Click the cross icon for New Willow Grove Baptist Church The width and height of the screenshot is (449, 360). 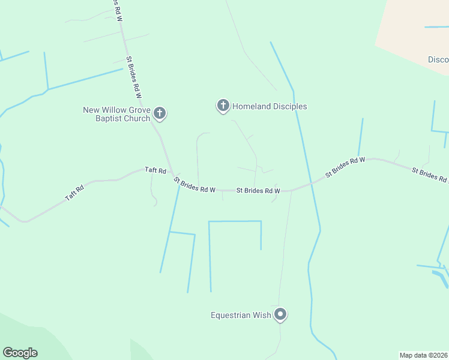(160, 112)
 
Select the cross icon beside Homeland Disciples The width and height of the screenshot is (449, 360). (223, 106)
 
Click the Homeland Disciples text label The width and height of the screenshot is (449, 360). (270, 106)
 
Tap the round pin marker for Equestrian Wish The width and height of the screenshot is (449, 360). (280, 314)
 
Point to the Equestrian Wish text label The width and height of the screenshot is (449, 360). (240, 314)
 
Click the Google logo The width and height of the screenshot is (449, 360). (20, 353)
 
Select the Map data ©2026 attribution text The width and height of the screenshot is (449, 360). (424, 355)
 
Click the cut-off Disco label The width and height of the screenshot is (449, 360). (438, 59)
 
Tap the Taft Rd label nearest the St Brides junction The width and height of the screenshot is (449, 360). (154, 170)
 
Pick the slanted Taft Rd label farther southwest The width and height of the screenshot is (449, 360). (74, 193)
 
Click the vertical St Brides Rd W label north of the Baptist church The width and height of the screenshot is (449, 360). (134, 77)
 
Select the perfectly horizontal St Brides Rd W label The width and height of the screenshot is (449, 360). (258, 190)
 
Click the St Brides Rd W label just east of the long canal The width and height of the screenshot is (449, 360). (345, 167)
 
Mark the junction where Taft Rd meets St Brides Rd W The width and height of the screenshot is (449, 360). (171, 175)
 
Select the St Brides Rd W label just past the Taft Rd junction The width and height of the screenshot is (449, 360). (194, 185)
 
